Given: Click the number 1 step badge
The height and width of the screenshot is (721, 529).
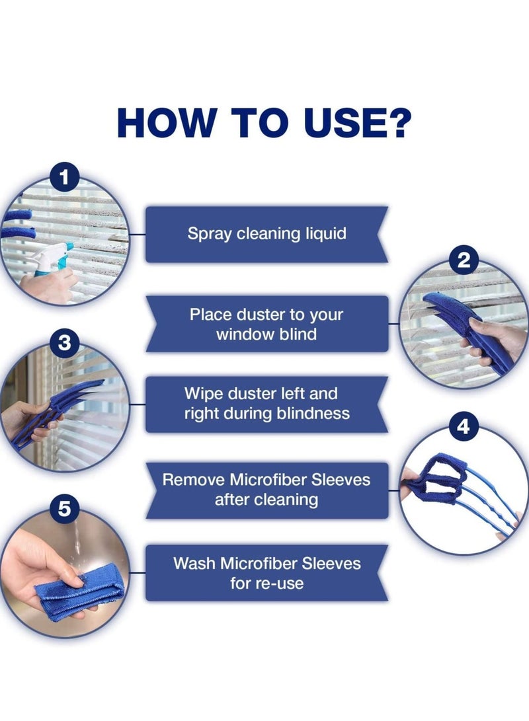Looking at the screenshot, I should (64, 177).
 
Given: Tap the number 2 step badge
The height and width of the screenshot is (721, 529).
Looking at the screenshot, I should (464, 260).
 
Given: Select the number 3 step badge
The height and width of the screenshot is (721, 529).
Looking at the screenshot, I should (64, 344).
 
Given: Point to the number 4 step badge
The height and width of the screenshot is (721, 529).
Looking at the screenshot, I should (464, 427).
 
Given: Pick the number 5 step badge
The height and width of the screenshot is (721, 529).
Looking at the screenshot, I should (64, 510).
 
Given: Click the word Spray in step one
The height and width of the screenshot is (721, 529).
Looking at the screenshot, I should (208, 234).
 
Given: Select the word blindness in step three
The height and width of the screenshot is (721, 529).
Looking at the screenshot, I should (313, 414).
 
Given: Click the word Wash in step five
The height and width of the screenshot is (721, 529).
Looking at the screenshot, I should (195, 563).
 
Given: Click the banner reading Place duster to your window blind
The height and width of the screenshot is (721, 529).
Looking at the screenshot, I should (266, 324).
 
